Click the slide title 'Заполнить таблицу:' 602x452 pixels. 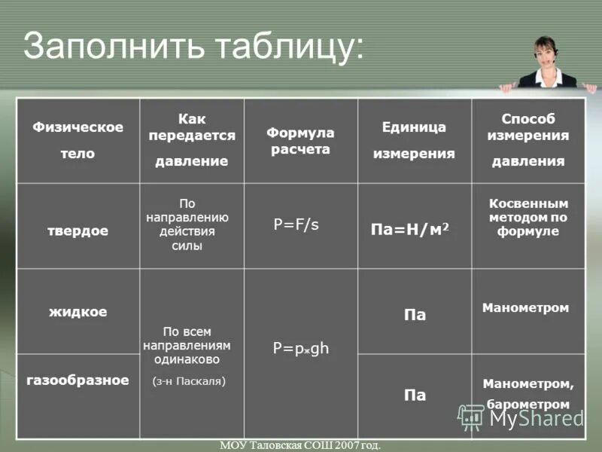tap(193, 46)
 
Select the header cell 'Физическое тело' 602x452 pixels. tap(78, 140)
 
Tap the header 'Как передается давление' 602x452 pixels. tap(192, 140)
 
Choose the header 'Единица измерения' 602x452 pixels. tap(414, 140)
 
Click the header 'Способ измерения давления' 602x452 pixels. tap(528, 140)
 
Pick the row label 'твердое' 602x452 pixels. tap(78, 231)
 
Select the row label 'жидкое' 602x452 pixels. tap(78, 311)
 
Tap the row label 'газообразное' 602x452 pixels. tap(78, 380)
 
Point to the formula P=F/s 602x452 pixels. tap(296, 224)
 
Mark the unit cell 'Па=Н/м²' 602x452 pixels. tap(410, 228)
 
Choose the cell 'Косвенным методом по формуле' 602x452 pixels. tap(528, 217)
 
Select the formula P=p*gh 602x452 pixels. tap(301, 349)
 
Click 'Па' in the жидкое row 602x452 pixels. tap(415, 315)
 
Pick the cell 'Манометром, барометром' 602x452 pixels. tap(528, 394)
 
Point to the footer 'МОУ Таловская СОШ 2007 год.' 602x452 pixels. tap(300, 445)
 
